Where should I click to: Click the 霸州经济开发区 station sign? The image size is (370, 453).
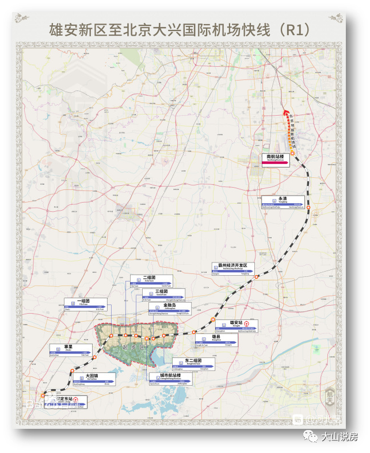pyautogui.click(x=232, y=268)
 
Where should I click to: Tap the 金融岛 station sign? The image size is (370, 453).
pyautogui.click(x=170, y=309)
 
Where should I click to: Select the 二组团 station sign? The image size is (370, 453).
pyautogui.click(x=151, y=281)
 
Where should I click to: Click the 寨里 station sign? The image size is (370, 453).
pyautogui.click(x=71, y=350)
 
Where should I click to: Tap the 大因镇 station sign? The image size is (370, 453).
pyautogui.click(x=93, y=378)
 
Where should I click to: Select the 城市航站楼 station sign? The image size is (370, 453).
pyautogui.click(x=169, y=378)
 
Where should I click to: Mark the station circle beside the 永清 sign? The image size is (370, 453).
pyautogui.click(x=308, y=208)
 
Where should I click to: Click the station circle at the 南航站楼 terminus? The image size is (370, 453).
pyautogui.click(x=292, y=153)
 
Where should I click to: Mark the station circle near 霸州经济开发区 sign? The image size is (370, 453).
pyautogui.click(x=257, y=276)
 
